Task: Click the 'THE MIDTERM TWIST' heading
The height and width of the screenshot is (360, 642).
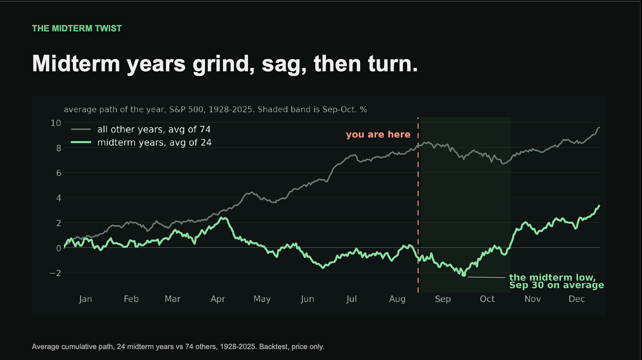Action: (77, 28)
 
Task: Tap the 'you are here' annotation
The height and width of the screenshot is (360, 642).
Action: (378, 134)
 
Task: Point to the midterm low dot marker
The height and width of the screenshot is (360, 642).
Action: (464, 275)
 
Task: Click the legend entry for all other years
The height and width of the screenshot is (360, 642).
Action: (141, 130)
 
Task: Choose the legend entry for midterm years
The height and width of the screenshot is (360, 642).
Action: (141, 142)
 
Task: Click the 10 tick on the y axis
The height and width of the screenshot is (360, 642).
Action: (56, 123)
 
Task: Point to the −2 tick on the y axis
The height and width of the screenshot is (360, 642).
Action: (55, 273)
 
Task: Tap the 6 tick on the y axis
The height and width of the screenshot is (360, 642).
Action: (59, 173)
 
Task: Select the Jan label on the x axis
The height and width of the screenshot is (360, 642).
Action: (86, 299)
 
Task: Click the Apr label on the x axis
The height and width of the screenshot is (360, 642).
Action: (218, 299)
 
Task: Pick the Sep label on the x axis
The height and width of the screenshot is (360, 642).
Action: (443, 299)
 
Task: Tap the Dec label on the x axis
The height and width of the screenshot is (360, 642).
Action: (577, 299)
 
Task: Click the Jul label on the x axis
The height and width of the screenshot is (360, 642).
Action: (352, 299)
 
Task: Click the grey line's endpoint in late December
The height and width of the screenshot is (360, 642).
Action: (599, 127)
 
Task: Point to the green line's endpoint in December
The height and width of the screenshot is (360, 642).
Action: (599, 205)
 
